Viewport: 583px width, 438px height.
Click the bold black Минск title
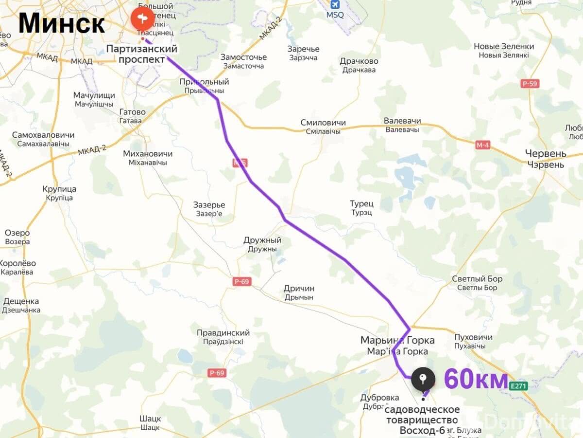click(62, 23)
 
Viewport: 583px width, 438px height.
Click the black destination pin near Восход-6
click(423, 378)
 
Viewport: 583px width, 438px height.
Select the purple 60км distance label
click(476, 379)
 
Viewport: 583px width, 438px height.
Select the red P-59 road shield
click(530, 84)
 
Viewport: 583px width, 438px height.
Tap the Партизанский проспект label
click(141, 54)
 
